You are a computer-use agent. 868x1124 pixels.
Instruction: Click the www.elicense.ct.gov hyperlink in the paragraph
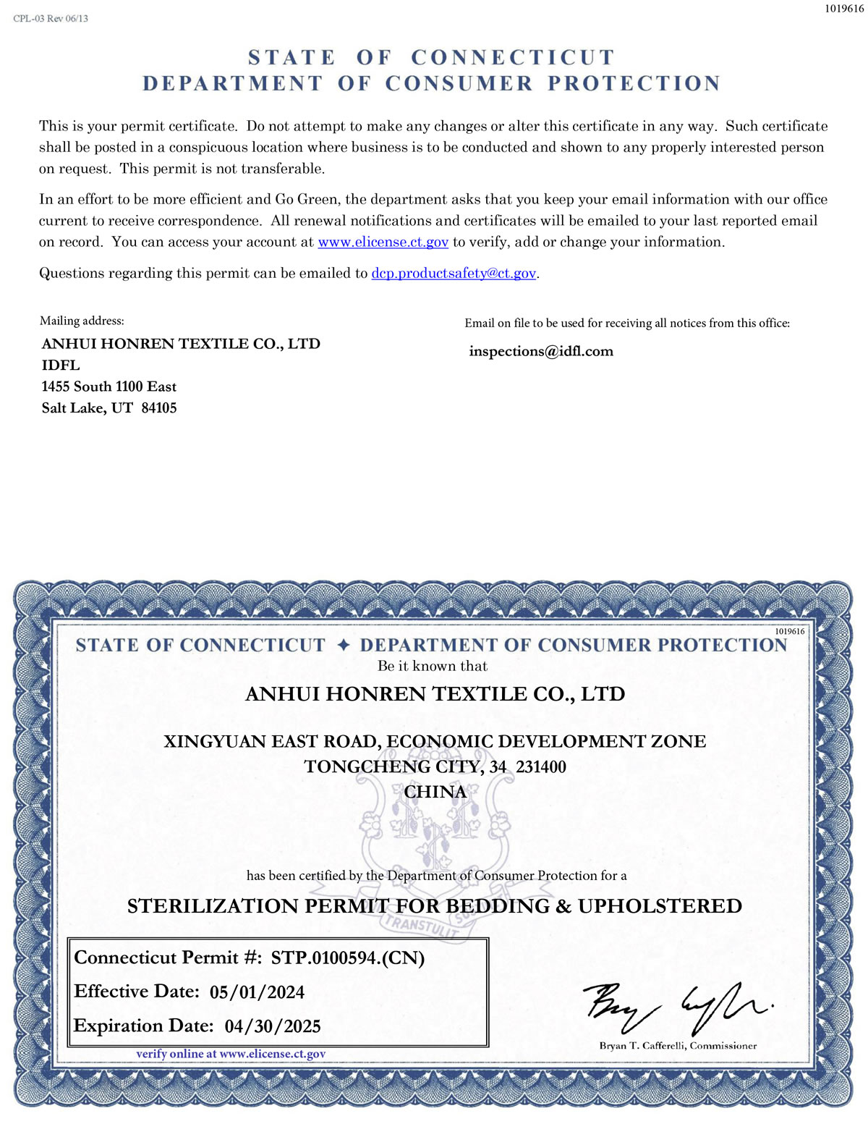383,242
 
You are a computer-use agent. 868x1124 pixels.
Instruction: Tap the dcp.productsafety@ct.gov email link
454,274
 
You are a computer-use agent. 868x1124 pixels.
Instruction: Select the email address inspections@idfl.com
540,352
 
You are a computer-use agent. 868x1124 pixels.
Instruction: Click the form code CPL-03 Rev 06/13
51,18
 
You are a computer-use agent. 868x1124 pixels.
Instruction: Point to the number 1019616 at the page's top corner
844,9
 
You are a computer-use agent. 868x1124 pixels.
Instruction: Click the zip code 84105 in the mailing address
159,408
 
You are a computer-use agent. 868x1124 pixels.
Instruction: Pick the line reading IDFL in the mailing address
61,365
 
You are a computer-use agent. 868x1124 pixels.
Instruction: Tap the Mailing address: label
82,321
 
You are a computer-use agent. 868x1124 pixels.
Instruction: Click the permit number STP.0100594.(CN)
347,958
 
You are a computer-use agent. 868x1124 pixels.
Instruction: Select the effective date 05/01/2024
257,992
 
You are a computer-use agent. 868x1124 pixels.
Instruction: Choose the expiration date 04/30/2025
273,1026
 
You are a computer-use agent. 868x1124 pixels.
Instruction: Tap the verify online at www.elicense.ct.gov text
231,1055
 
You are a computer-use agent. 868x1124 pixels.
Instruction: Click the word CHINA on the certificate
435,793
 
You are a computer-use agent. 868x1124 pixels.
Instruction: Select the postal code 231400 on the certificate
541,767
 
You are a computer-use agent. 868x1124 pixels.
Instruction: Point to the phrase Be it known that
433,667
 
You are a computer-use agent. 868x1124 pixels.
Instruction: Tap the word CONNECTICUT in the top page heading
513,58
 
